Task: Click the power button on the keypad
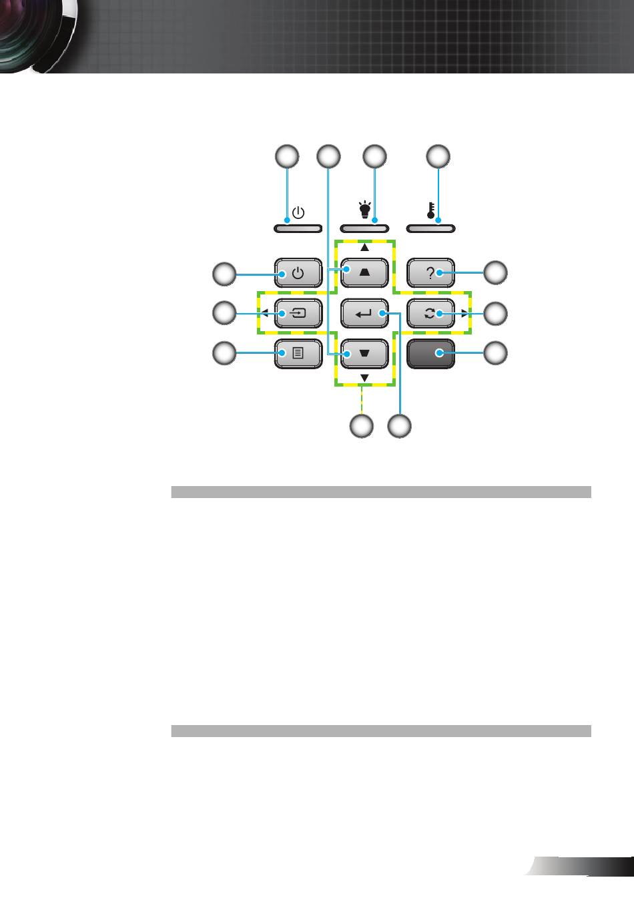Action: point(298,273)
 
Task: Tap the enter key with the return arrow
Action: point(364,313)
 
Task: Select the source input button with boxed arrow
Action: point(298,313)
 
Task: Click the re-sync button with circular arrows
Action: point(430,313)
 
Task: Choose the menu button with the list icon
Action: point(298,354)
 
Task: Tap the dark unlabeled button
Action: point(430,354)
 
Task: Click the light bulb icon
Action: point(364,210)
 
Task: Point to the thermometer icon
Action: point(431,210)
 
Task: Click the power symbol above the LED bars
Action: point(298,212)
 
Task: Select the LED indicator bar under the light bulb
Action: point(364,228)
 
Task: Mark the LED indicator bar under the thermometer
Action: point(430,228)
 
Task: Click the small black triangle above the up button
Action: point(364,248)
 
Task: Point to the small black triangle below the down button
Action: point(364,378)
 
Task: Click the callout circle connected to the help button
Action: point(495,273)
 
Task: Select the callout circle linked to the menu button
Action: point(224,354)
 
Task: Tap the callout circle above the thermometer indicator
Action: point(438,156)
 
